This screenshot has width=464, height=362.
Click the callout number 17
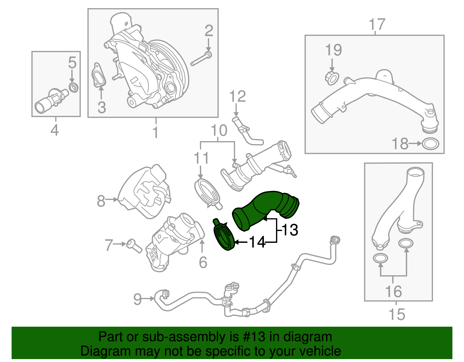tap(377, 25)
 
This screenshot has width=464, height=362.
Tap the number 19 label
tap(333, 50)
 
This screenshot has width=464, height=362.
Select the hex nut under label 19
tap(332, 78)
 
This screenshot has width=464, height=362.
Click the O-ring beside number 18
tap(430, 144)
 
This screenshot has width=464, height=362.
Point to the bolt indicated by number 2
tap(201, 59)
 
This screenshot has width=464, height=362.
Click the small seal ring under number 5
tap(74, 87)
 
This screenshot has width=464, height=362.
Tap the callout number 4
tap(55, 130)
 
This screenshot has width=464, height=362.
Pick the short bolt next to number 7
tap(134, 246)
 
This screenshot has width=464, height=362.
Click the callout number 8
tap(101, 201)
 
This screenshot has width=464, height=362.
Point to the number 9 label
tap(137, 299)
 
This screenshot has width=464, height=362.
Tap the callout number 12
tap(238, 97)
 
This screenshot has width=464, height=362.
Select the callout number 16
tap(394, 292)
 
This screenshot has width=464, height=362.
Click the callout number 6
tap(203, 262)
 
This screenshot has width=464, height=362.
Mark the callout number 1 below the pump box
tap(156, 132)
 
